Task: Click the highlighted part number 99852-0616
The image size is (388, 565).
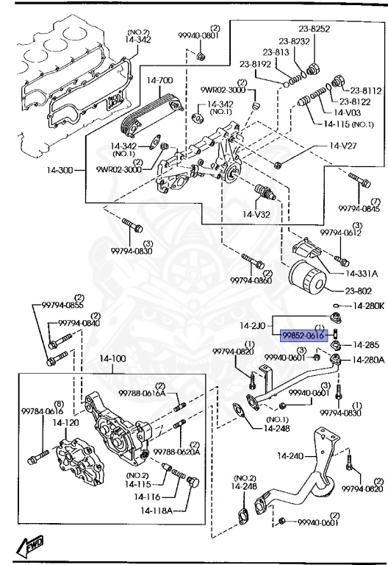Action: click(x=302, y=334)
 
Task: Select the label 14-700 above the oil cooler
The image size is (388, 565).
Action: click(x=159, y=79)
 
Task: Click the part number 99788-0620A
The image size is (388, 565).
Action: click(x=185, y=452)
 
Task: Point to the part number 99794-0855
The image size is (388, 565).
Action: click(x=62, y=305)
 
